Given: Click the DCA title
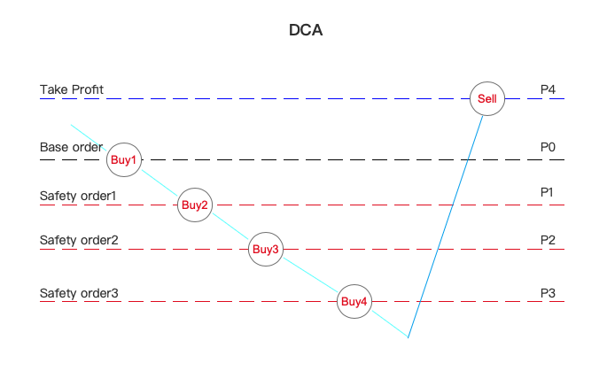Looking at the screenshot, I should (306, 30).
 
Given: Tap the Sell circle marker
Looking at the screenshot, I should (487, 98).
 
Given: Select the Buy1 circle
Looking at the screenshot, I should (124, 160).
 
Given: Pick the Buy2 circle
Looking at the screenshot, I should (195, 205).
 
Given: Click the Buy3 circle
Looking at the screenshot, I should (266, 249).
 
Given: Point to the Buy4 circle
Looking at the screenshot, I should (354, 302).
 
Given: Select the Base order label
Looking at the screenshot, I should (71, 147).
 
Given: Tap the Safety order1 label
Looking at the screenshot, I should (79, 195).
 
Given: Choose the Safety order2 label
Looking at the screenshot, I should (79, 240).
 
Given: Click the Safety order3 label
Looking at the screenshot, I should (79, 293).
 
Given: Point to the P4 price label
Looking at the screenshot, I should (548, 89).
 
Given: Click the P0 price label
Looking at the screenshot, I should (548, 147).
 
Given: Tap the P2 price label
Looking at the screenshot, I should (548, 240).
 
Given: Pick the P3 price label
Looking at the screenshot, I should (548, 293).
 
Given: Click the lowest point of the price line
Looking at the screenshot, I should (409, 337).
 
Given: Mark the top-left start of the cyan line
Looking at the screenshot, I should (72, 126).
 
